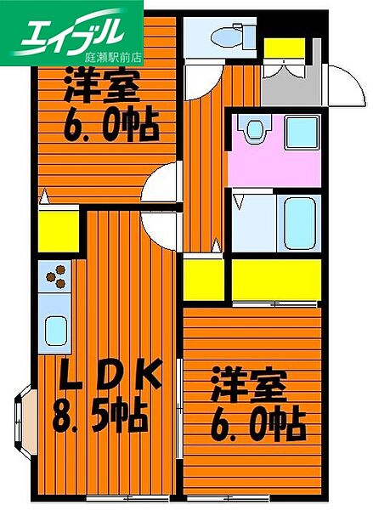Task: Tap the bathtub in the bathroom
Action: [x=300, y=221]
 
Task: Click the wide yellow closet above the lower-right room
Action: [x=277, y=279]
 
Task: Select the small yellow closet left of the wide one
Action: [x=203, y=279]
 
